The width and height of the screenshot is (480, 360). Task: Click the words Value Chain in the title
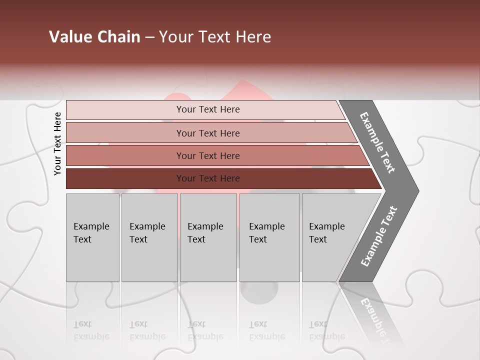click(94, 37)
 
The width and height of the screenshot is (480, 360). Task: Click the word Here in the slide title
click(253, 37)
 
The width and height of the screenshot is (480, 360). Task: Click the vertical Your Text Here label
click(57, 143)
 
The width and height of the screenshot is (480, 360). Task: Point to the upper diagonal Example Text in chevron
click(377, 142)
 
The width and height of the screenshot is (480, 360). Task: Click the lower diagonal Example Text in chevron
click(378, 236)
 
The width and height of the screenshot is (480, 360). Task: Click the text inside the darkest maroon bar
click(208, 178)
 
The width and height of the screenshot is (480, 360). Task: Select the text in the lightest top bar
click(208, 109)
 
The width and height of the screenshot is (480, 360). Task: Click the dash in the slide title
click(149, 37)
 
